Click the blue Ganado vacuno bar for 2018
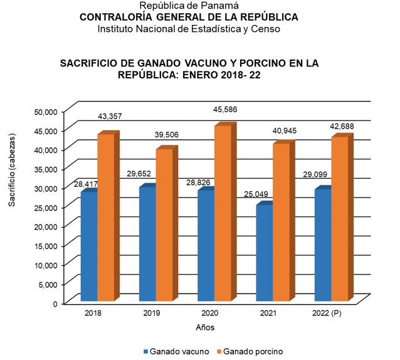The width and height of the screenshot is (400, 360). tap(88, 247)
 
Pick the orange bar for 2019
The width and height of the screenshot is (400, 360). tap(164, 225)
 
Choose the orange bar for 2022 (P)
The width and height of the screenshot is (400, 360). tap(339, 219)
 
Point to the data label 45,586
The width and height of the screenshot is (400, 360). tap(226, 110)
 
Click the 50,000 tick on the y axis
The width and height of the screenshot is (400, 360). tap(45, 112)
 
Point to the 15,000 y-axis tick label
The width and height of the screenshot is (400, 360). tap(45, 246)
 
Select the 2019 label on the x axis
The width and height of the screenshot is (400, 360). tap(151, 312)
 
